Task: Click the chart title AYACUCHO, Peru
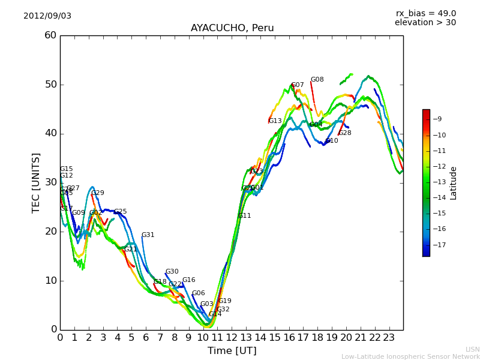[232, 28]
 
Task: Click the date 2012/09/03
[47, 16]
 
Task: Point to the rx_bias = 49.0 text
[425, 14]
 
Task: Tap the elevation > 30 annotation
[425, 23]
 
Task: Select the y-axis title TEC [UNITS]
[36, 182]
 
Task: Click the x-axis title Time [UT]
[232, 351]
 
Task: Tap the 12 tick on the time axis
[232, 337]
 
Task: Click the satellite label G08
[317, 80]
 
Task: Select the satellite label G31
[148, 235]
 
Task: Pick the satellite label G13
[275, 121]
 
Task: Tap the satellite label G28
[345, 133]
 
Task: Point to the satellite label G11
[244, 216]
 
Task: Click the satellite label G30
[172, 272]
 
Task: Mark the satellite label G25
[120, 212]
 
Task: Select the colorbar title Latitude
[454, 183]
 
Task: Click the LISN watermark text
[473, 349]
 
